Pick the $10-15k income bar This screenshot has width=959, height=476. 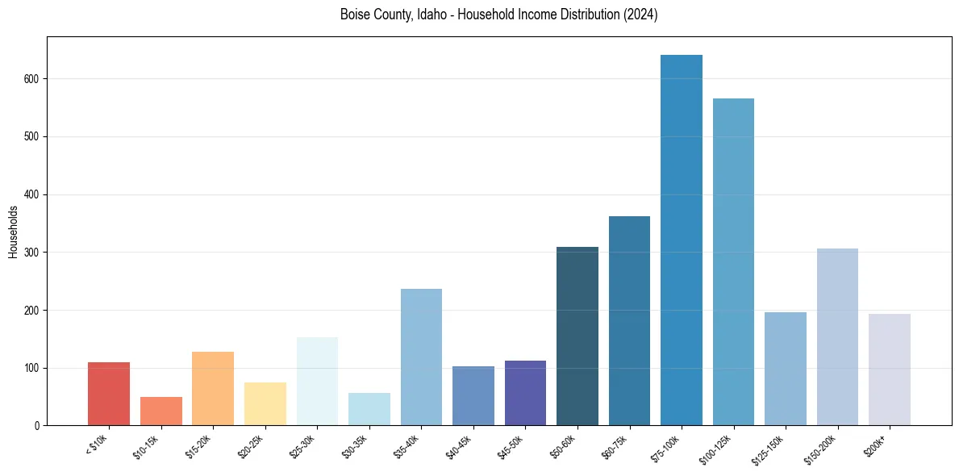161,411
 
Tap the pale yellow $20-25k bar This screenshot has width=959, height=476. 265,404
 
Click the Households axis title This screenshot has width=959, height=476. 14,232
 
